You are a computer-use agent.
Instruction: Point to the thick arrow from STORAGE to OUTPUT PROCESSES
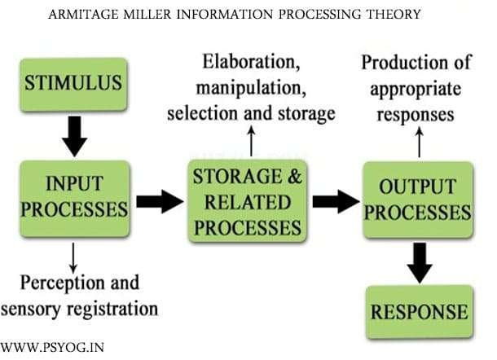click(x=333, y=200)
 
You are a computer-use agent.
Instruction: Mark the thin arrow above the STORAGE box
click(x=250, y=143)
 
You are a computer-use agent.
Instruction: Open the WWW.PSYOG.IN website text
click(x=53, y=349)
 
